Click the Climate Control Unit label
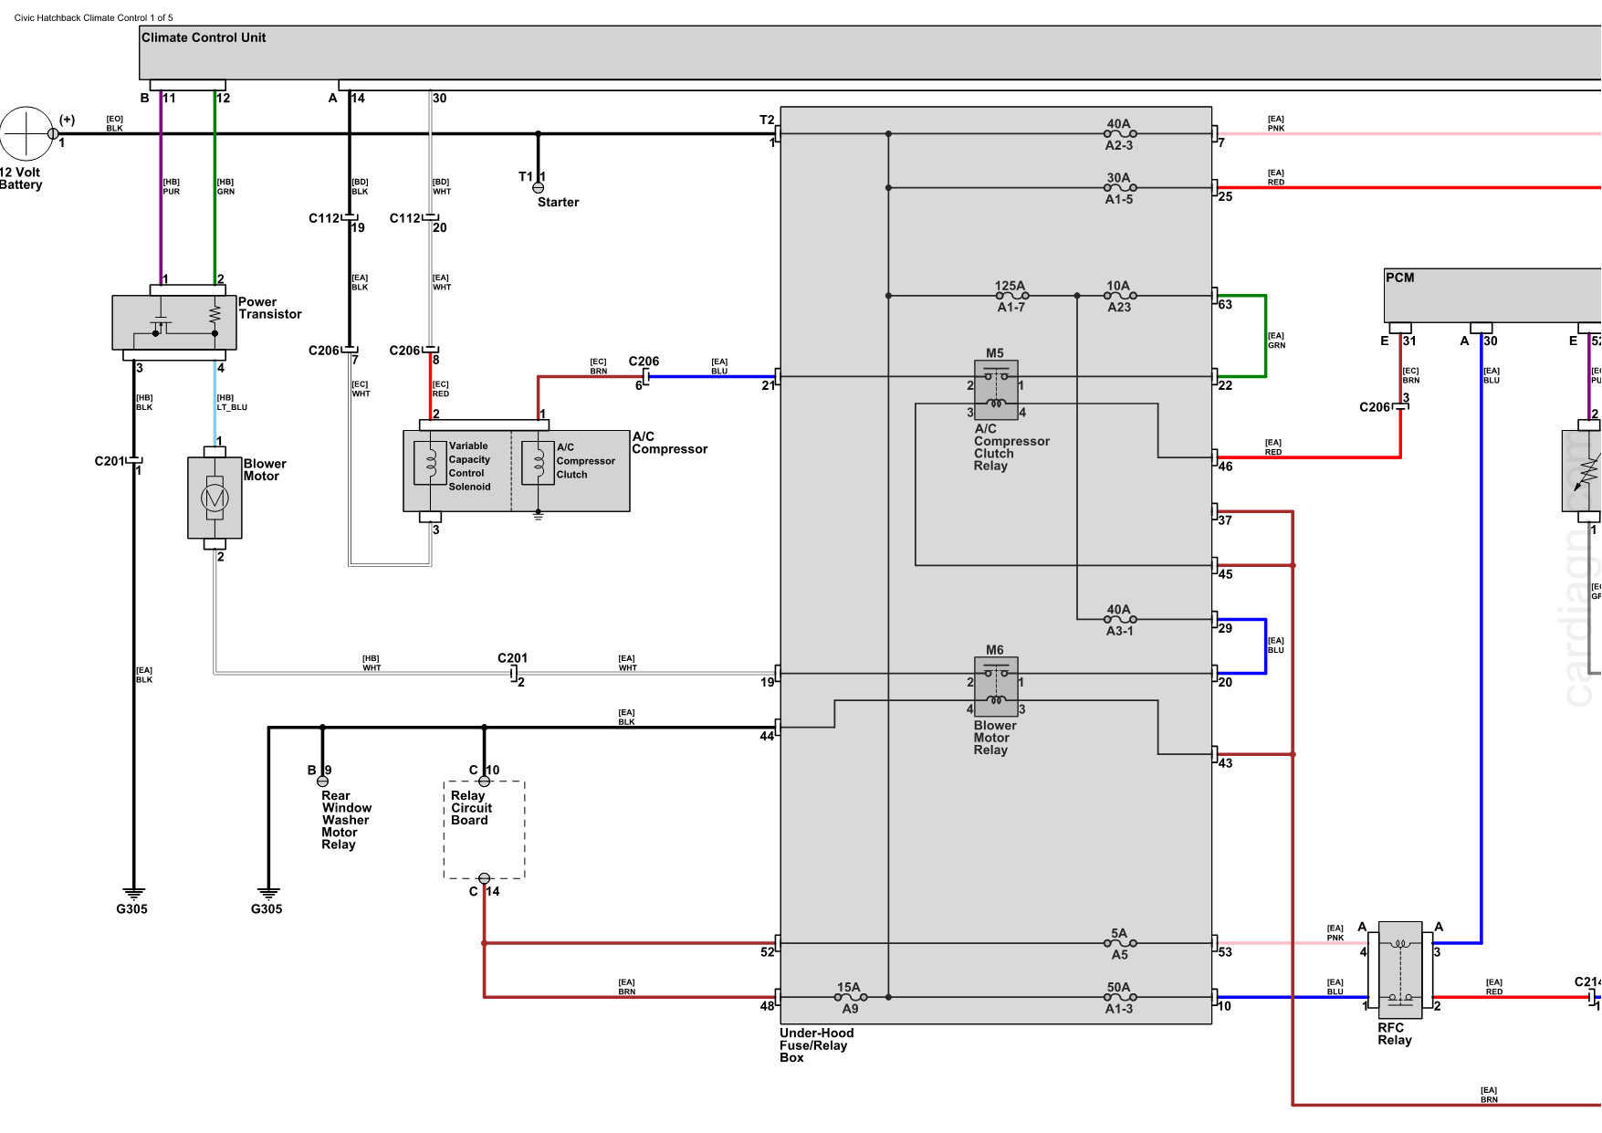204,37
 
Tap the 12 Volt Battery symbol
26,133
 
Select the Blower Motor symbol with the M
215,498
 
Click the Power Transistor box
174,322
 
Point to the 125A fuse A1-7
1011,296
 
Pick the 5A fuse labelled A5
1120,943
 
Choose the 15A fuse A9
850,997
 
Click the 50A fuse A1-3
1120,997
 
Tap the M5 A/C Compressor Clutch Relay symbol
996,390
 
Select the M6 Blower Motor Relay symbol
996,687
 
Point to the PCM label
1399,278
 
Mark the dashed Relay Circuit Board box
484,830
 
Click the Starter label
558,203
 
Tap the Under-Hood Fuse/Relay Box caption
816,1045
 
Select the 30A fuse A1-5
1120,188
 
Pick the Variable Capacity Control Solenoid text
469,467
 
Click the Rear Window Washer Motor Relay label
346,820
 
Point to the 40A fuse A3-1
1120,620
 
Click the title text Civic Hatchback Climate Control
93,17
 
